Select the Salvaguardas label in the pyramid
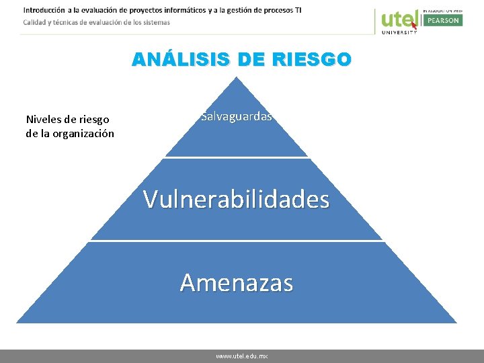(237, 116)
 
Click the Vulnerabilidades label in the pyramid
(236, 199)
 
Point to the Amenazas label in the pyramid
(237, 282)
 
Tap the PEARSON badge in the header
(442, 20)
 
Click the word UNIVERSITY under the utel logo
(399, 32)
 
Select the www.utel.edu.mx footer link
(241, 356)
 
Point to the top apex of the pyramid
(236, 78)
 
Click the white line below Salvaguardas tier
(236, 158)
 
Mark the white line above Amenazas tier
(236, 241)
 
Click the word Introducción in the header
(44, 10)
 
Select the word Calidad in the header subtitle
(35, 22)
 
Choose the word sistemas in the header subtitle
(155, 22)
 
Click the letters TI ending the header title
(297, 10)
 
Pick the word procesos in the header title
(271, 10)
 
